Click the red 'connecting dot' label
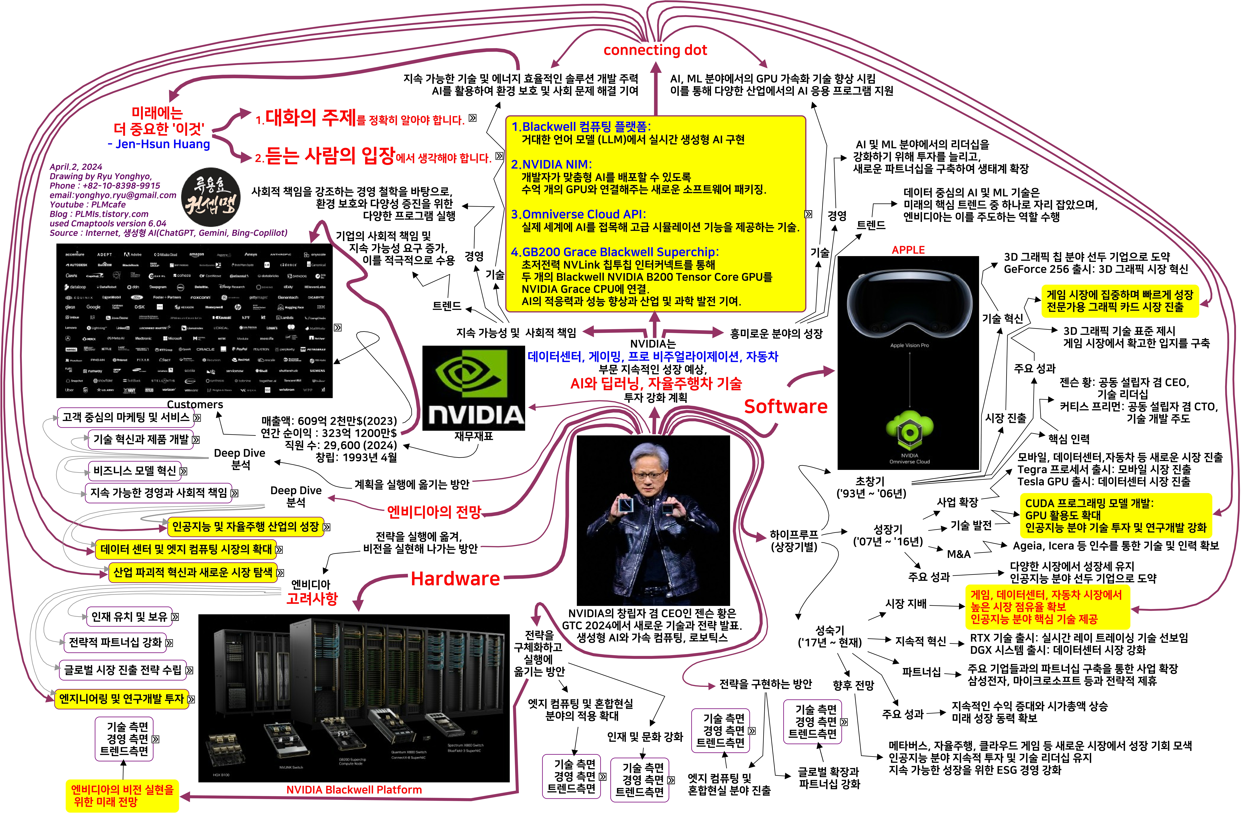click(655, 50)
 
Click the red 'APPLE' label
click(908, 250)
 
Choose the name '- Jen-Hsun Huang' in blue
click(159, 144)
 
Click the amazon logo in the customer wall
click(197, 255)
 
